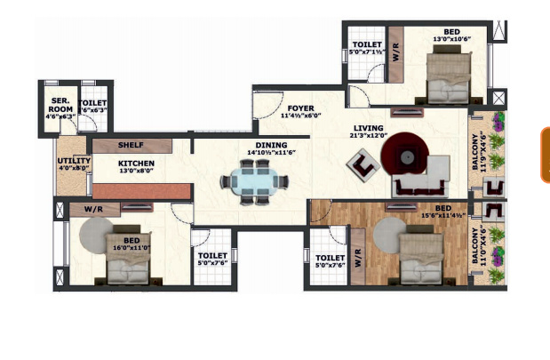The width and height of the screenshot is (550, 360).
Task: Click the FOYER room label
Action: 299,108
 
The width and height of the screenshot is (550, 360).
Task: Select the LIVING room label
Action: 368,128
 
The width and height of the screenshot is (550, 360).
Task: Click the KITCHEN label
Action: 137,164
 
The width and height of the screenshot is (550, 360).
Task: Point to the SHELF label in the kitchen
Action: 131,145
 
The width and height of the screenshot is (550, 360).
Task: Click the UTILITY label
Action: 74,161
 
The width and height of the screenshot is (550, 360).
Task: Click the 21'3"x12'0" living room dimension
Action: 368,137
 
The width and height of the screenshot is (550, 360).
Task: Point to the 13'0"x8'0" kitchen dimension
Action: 137,172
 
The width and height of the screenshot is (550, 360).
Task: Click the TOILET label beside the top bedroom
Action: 367,44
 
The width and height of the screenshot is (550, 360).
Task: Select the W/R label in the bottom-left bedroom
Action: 96,210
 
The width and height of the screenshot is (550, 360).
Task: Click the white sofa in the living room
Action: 422,180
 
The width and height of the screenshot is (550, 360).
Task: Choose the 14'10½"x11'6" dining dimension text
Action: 271,152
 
